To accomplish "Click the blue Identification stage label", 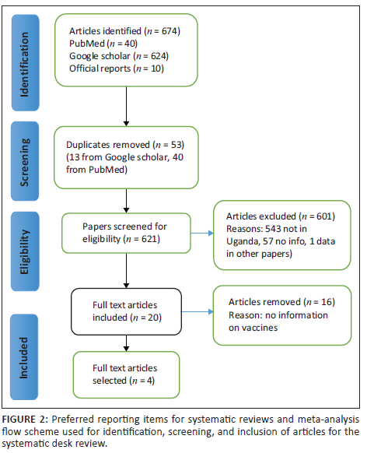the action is coord(26,63).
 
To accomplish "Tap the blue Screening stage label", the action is coord(25,161).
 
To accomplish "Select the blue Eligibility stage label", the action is coord(25,251).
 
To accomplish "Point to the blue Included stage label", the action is coord(24,357).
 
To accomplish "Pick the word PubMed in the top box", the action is coord(87,44).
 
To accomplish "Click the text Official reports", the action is coord(100,68).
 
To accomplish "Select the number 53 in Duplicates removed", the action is coord(177,145).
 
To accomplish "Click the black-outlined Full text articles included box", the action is coord(127,311).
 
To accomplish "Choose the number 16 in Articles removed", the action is coord(327,302).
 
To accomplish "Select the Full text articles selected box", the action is coord(127,374).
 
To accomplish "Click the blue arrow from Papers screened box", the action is coord(202,234).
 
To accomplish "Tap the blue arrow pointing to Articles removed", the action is coord(197,311).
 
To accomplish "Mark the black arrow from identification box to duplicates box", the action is coord(126,107).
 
